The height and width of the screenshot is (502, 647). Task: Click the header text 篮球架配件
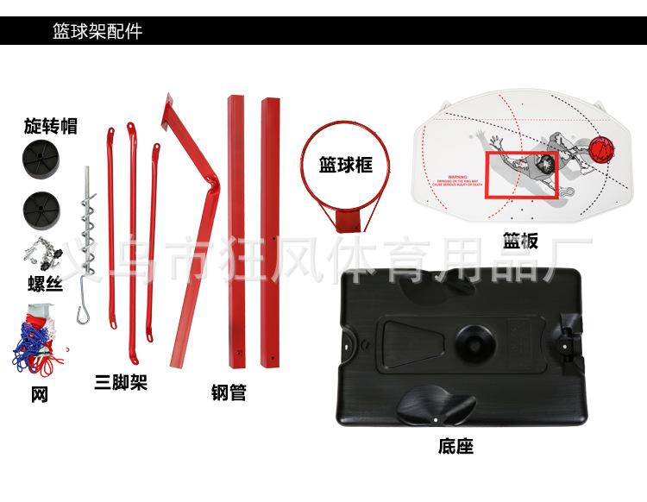pos(97,32)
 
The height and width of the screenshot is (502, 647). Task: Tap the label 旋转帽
pos(50,127)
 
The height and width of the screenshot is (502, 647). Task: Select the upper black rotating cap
pos(39,160)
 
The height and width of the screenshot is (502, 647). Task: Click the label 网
pos(40,395)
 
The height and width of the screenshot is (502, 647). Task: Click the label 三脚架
pos(121,381)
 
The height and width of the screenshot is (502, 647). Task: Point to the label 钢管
pos(229,393)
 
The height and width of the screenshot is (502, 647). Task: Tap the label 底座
pos(455,446)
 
